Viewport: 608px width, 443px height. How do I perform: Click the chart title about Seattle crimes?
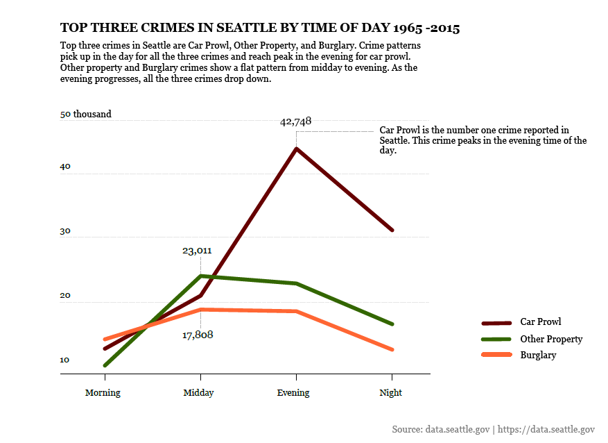click(x=260, y=28)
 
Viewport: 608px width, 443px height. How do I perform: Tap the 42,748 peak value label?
click(x=295, y=122)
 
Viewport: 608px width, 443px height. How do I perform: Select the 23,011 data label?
click(x=197, y=251)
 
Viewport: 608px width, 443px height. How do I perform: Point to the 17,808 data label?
click(x=198, y=335)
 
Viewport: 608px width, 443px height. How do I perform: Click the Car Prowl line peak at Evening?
click(x=297, y=149)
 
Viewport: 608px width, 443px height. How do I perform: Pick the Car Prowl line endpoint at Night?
click(x=392, y=230)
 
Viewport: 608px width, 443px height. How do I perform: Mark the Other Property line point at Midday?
click(x=200, y=276)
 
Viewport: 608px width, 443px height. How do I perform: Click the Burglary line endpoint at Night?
click(x=392, y=349)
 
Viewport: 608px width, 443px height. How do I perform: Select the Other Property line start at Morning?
click(x=105, y=365)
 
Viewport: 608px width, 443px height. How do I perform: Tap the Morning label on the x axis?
click(x=103, y=393)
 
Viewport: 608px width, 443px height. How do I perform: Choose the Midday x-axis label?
click(x=198, y=393)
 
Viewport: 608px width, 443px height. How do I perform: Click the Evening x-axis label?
click(x=293, y=393)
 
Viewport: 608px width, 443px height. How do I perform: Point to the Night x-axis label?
click(x=390, y=393)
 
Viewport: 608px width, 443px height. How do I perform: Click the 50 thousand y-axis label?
click(x=86, y=115)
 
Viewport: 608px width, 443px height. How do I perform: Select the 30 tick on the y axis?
click(x=65, y=232)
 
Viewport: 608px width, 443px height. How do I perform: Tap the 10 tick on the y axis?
click(x=65, y=360)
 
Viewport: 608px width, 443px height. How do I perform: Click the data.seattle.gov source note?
click(x=493, y=430)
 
